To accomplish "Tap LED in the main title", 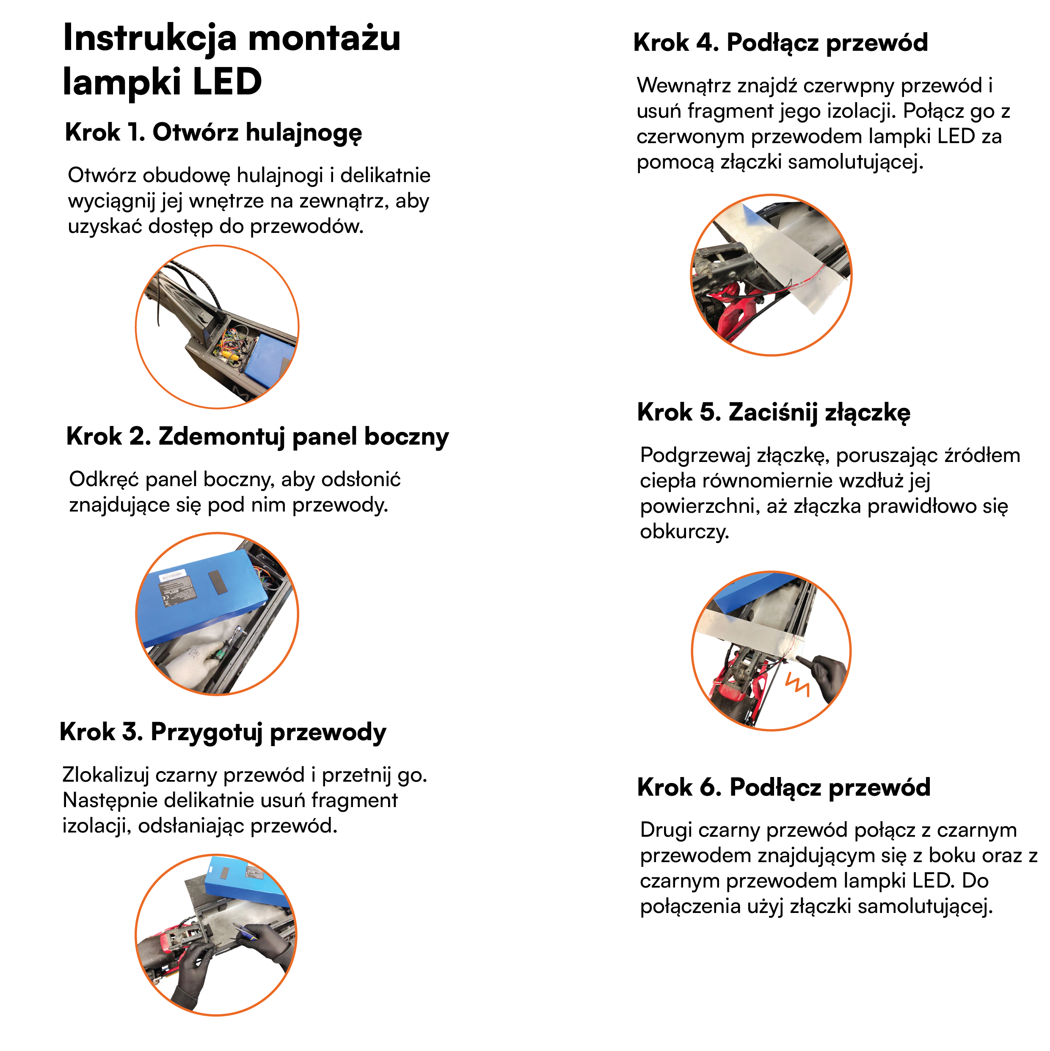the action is point(227,82).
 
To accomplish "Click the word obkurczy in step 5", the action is point(683,531).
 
